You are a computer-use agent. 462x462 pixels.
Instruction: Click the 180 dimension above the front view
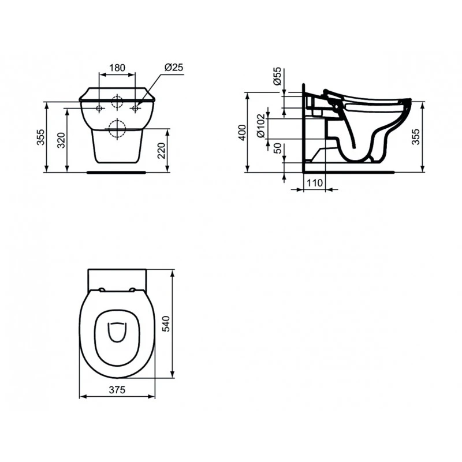pos(117,68)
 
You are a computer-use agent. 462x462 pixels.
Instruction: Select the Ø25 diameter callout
pos(173,68)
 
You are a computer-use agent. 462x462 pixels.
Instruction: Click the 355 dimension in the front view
pos(41,137)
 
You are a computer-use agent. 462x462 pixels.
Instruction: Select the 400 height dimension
pos(242,132)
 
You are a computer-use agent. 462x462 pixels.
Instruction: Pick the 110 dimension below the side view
pos(314,183)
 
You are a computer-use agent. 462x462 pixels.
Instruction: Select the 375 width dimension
pos(117,390)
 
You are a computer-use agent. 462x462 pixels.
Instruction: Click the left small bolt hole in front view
pos(100,108)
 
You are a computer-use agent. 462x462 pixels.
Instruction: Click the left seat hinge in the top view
pos(102,289)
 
